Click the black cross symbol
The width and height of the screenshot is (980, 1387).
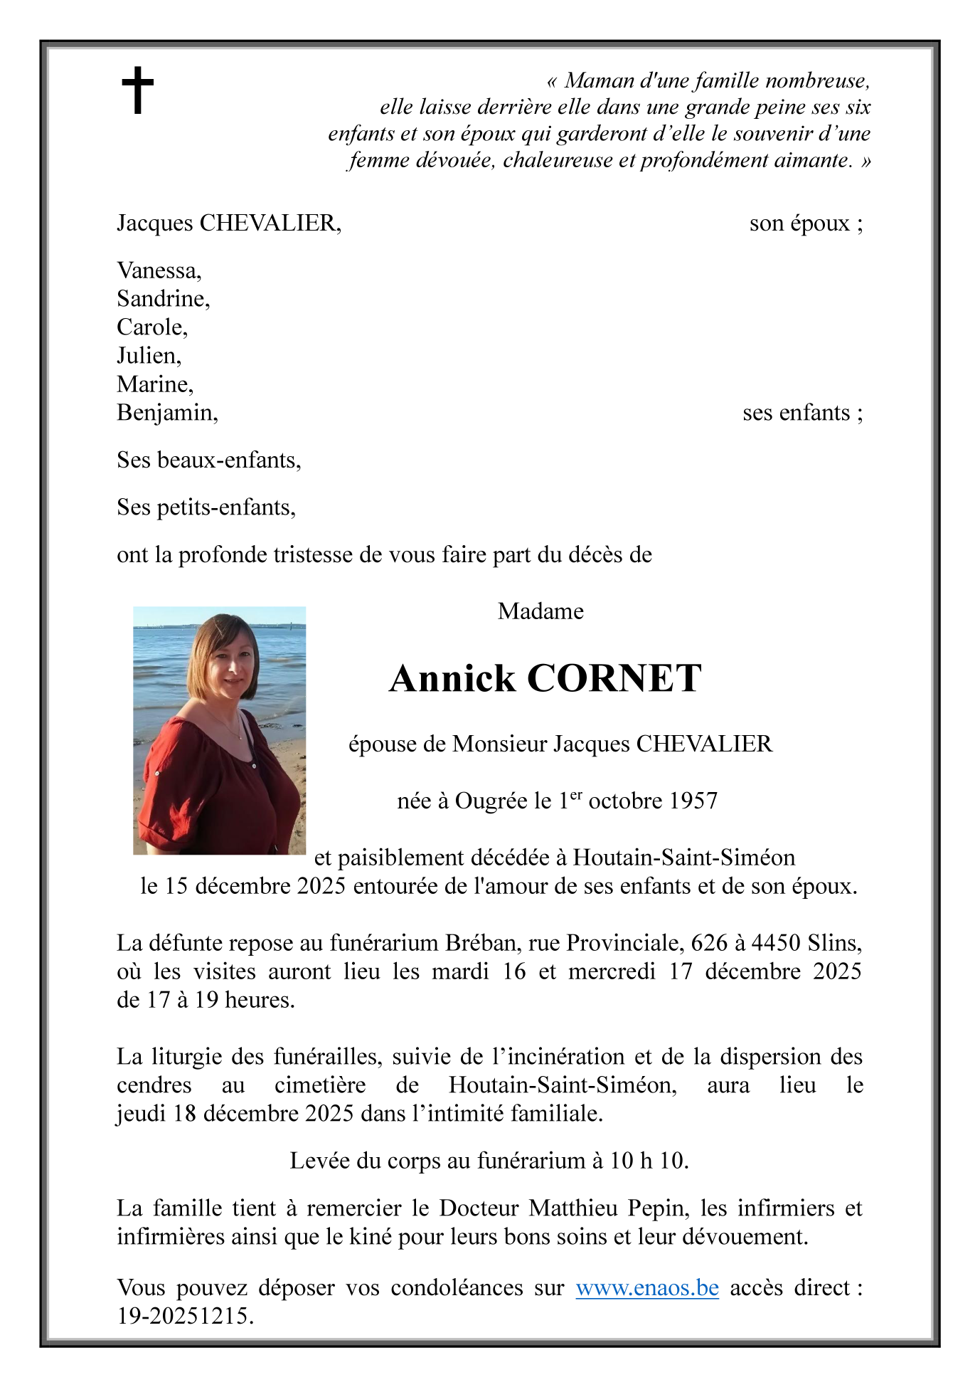(137, 90)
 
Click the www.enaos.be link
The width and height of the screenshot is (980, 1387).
(646, 1287)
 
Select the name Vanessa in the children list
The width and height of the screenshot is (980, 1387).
(158, 270)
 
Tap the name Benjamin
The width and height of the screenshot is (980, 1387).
(166, 413)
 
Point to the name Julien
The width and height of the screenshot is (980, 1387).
(148, 356)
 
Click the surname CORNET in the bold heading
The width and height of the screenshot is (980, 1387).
(614, 678)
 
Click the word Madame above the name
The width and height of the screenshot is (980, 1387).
(540, 611)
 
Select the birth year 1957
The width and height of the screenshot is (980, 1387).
(694, 801)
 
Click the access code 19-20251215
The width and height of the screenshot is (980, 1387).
(185, 1316)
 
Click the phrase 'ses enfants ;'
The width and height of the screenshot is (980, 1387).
(802, 413)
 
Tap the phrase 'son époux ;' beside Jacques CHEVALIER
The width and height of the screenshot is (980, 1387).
(806, 223)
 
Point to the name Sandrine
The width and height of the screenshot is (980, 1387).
(163, 299)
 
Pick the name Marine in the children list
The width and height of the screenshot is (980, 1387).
(154, 384)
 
